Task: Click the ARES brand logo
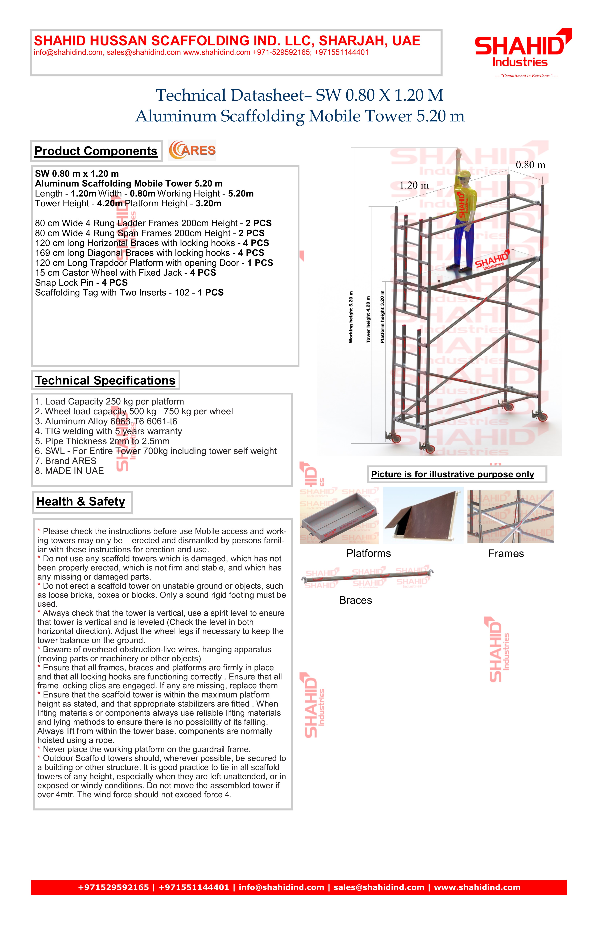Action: [x=192, y=150]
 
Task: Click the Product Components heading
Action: [x=96, y=151]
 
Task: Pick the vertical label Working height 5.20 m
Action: [x=351, y=317]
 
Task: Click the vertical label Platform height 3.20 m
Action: [x=382, y=317]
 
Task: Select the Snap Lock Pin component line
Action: [x=81, y=283]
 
